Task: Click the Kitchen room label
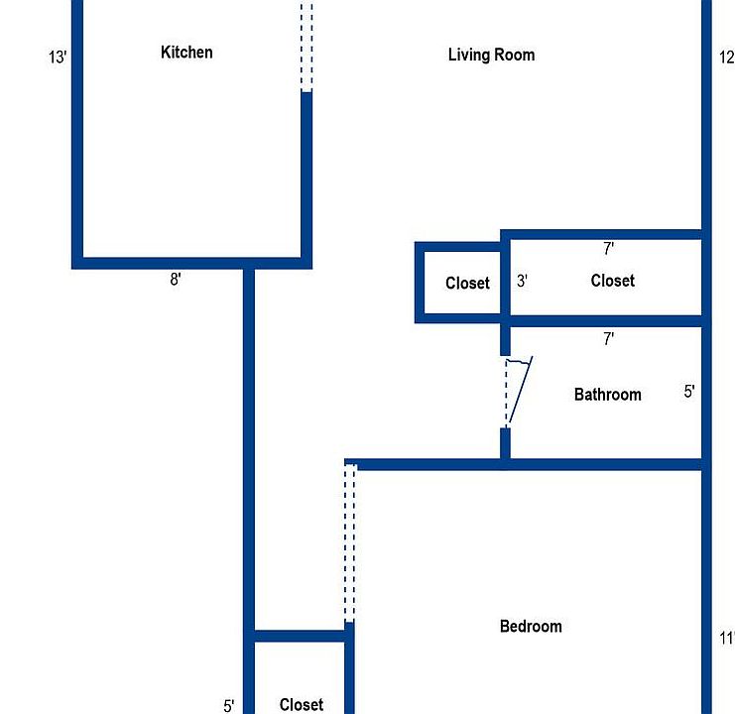pyautogui.click(x=186, y=53)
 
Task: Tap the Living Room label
pyautogui.click(x=491, y=55)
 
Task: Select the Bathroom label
pyautogui.click(x=607, y=395)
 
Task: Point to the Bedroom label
pyautogui.click(x=531, y=627)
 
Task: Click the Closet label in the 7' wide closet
pyautogui.click(x=612, y=281)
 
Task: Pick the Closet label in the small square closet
pyautogui.click(x=467, y=284)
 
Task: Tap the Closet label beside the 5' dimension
pyautogui.click(x=301, y=705)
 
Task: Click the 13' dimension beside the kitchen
pyautogui.click(x=58, y=58)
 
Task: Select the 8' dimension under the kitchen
pyautogui.click(x=176, y=280)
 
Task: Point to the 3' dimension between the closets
pyautogui.click(x=522, y=281)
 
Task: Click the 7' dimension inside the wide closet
pyautogui.click(x=608, y=249)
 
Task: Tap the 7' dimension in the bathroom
pyautogui.click(x=608, y=339)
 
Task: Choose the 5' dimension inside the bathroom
pyautogui.click(x=689, y=392)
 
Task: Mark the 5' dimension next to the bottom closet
pyautogui.click(x=229, y=706)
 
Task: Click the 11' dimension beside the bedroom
pyautogui.click(x=727, y=639)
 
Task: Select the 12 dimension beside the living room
pyautogui.click(x=727, y=58)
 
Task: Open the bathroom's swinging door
pyautogui.click(x=516, y=392)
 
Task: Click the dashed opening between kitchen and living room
pyautogui.click(x=306, y=45)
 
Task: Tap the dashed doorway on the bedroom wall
pyautogui.click(x=349, y=542)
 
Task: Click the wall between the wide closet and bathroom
pyautogui.click(x=605, y=321)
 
